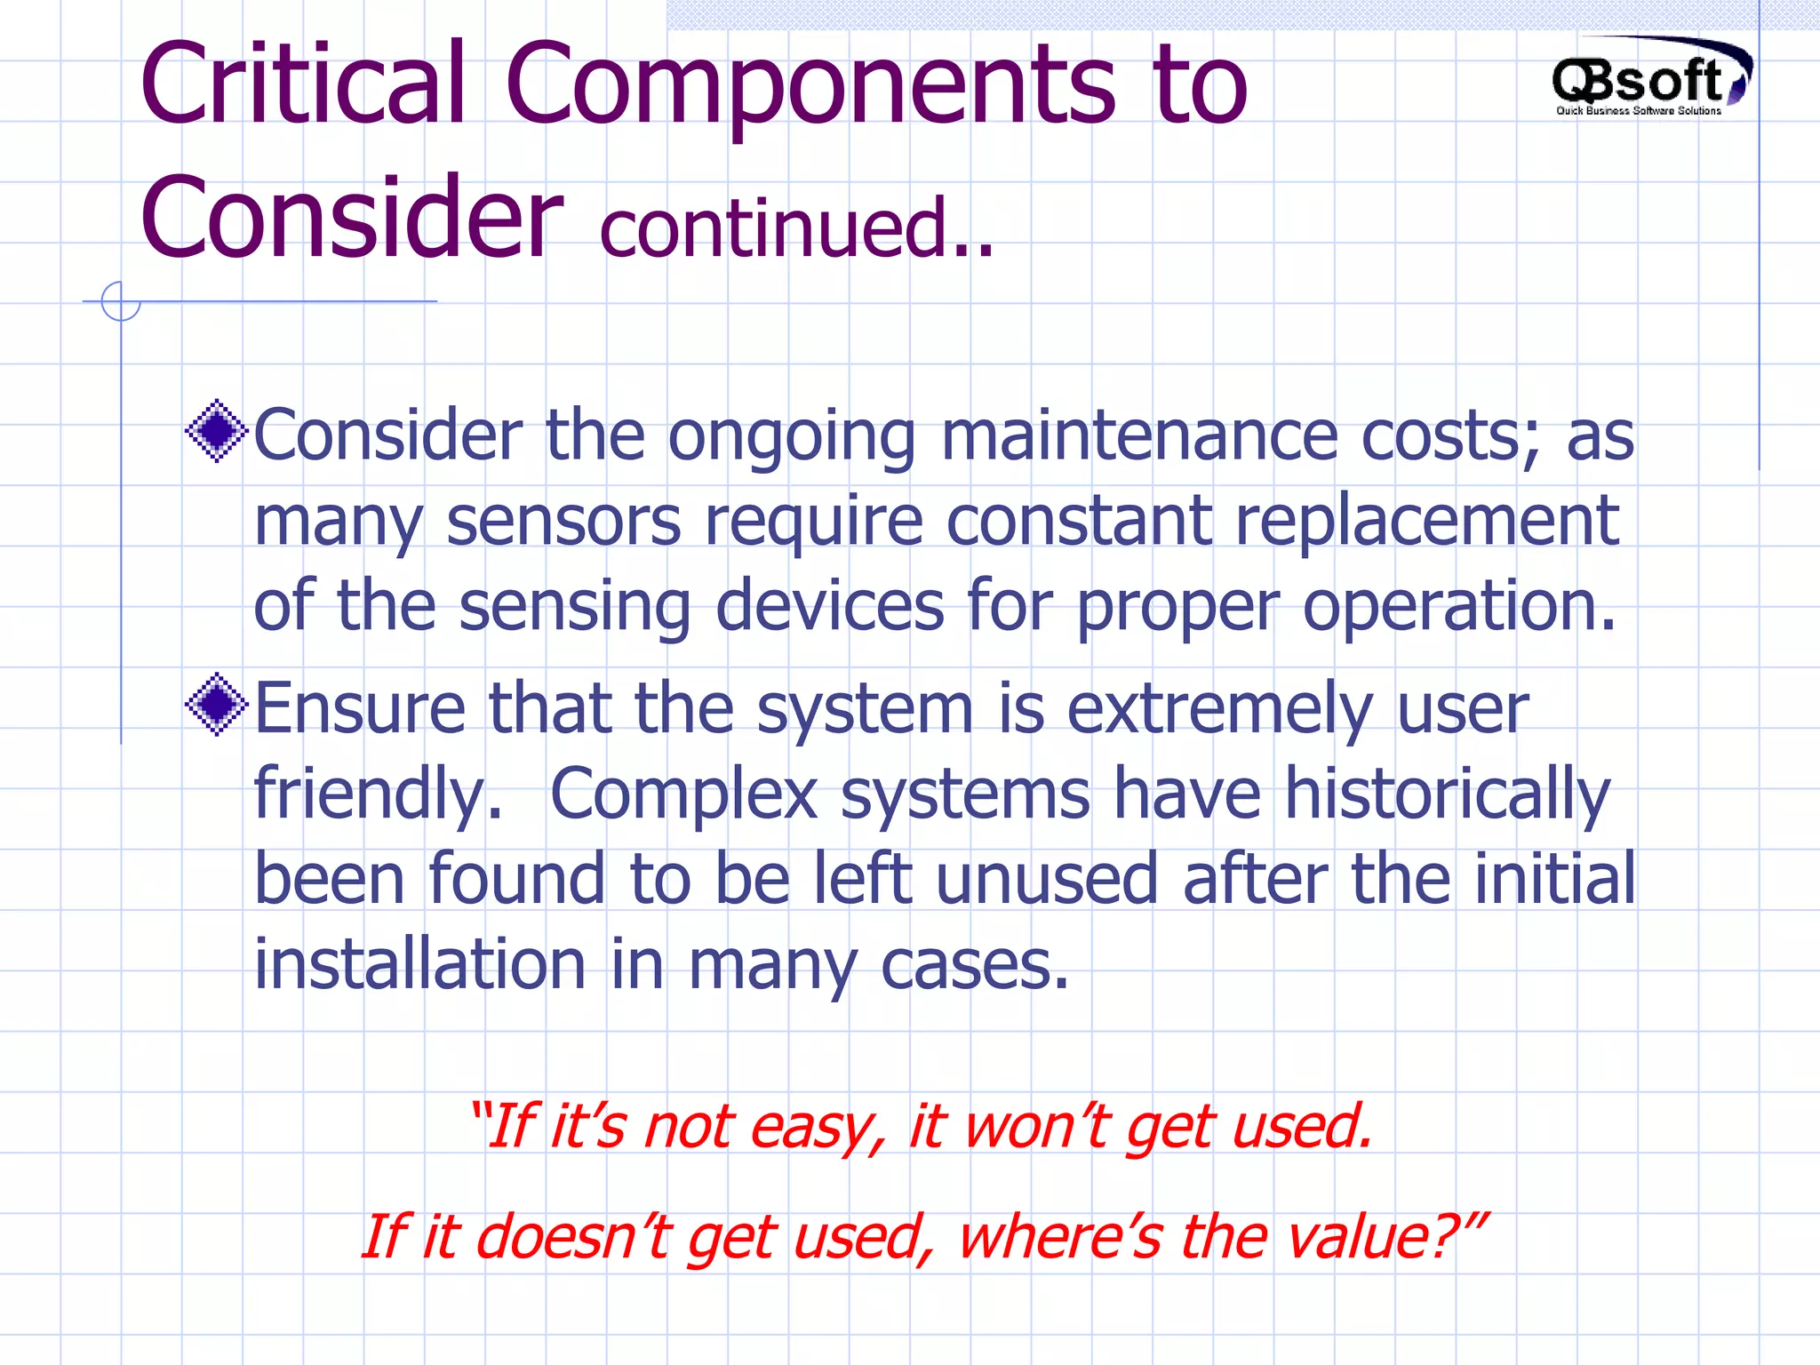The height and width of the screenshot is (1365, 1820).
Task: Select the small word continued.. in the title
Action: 796,228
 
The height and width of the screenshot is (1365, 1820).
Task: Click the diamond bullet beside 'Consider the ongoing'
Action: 216,431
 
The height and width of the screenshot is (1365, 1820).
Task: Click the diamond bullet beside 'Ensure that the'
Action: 216,705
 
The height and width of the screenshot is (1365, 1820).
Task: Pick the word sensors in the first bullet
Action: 563,522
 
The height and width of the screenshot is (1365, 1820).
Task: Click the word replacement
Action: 1426,522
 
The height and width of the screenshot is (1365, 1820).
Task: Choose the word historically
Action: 1447,794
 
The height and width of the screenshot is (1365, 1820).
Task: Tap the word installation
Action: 419,964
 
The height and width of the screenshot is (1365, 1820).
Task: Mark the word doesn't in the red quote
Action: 578,1237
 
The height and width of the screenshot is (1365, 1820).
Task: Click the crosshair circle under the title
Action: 121,301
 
